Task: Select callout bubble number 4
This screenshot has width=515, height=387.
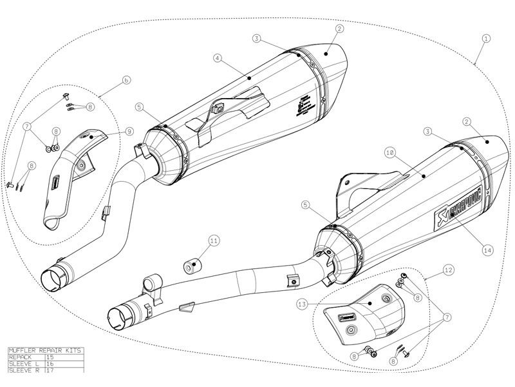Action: coord(218,57)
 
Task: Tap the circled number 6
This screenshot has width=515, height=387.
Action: coord(126,81)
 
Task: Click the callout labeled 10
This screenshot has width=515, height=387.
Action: coord(389,153)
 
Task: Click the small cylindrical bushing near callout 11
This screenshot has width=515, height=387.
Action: coord(191,266)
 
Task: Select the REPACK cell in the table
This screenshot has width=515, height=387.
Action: coord(21,357)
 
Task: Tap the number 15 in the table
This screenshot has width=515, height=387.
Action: coord(51,357)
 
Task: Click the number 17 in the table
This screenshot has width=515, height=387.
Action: coord(51,370)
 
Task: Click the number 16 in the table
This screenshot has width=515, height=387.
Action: coord(51,363)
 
